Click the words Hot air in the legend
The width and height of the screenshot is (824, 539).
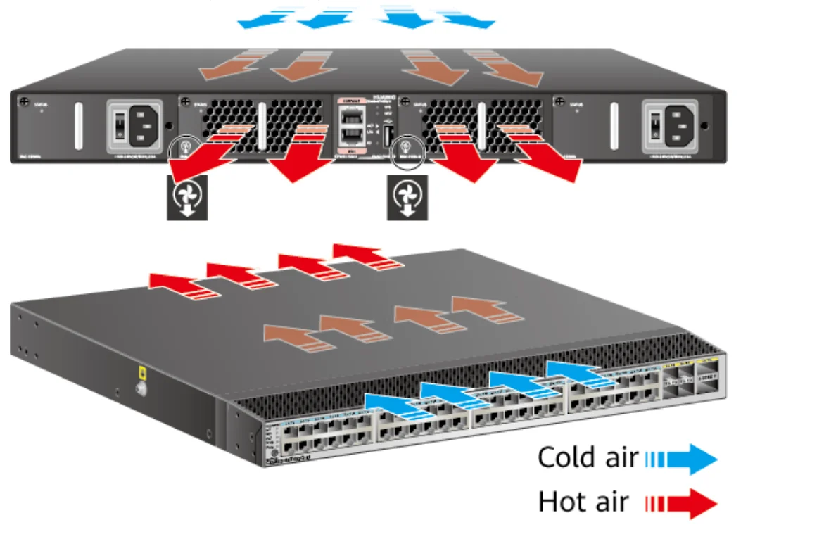[x=583, y=502]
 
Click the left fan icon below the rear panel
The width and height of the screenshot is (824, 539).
[x=187, y=198]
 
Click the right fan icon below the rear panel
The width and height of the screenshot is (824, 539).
[x=407, y=198]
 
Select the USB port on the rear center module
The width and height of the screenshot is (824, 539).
[x=386, y=133]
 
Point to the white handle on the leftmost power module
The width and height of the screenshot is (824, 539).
[x=77, y=127]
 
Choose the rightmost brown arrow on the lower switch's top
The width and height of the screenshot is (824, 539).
[x=478, y=310]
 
